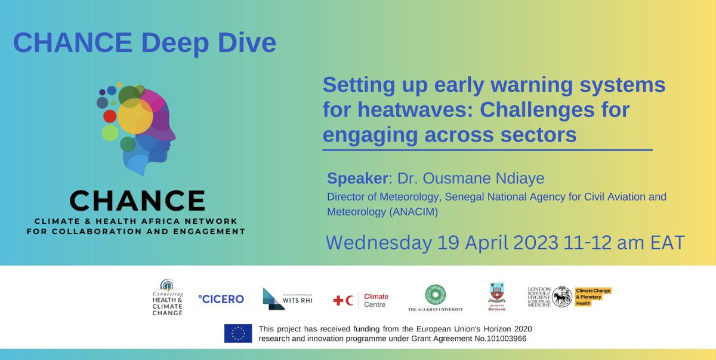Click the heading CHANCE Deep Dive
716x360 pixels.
[144, 43]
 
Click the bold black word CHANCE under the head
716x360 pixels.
[137, 201]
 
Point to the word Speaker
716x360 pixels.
[357, 179]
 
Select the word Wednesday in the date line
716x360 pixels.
[378, 242]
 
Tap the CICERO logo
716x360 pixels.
[221, 299]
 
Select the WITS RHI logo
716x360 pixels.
[287, 299]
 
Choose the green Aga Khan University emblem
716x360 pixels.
[435, 294]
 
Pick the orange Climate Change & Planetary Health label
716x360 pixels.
[593, 297]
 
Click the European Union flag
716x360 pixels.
[238, 333]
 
